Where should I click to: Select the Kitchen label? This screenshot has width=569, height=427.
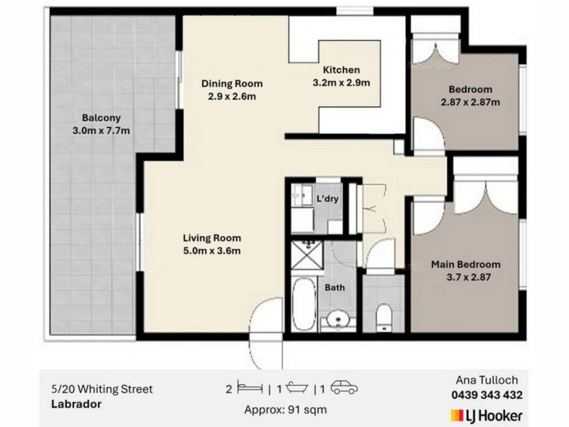click(x=341, y=70)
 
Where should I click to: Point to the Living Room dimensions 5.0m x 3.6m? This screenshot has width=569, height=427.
click(x=211, y=251)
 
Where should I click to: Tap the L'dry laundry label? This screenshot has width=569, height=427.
click(x=327, y=199)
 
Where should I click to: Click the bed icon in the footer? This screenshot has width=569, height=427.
click(x=248, y=389)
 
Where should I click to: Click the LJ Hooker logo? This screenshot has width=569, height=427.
click(x=487, y=415)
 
